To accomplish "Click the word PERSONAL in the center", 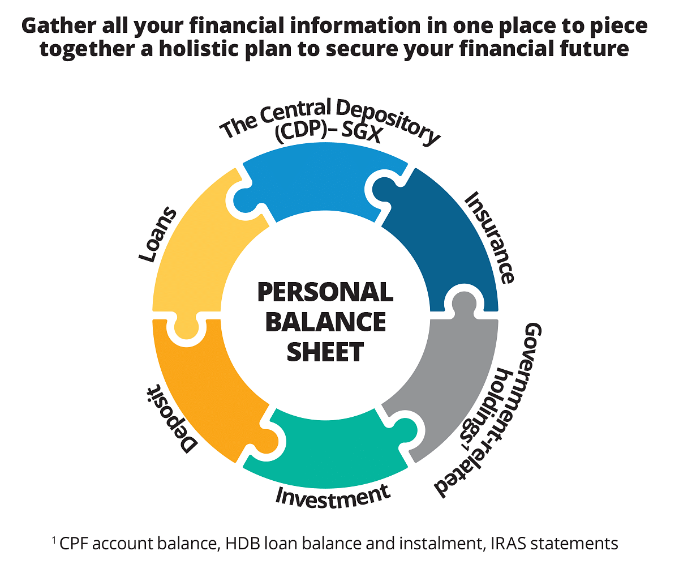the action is (x=325, y=292).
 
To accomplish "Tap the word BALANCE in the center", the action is (x=325, y=322).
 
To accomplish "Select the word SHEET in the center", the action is (x=325, y=352).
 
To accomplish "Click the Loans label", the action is (x=158, y=234).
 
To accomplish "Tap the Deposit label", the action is (x=171, y=420).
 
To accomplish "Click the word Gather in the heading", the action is (x=58, y=25).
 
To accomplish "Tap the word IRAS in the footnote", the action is (x=508, y=543).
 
